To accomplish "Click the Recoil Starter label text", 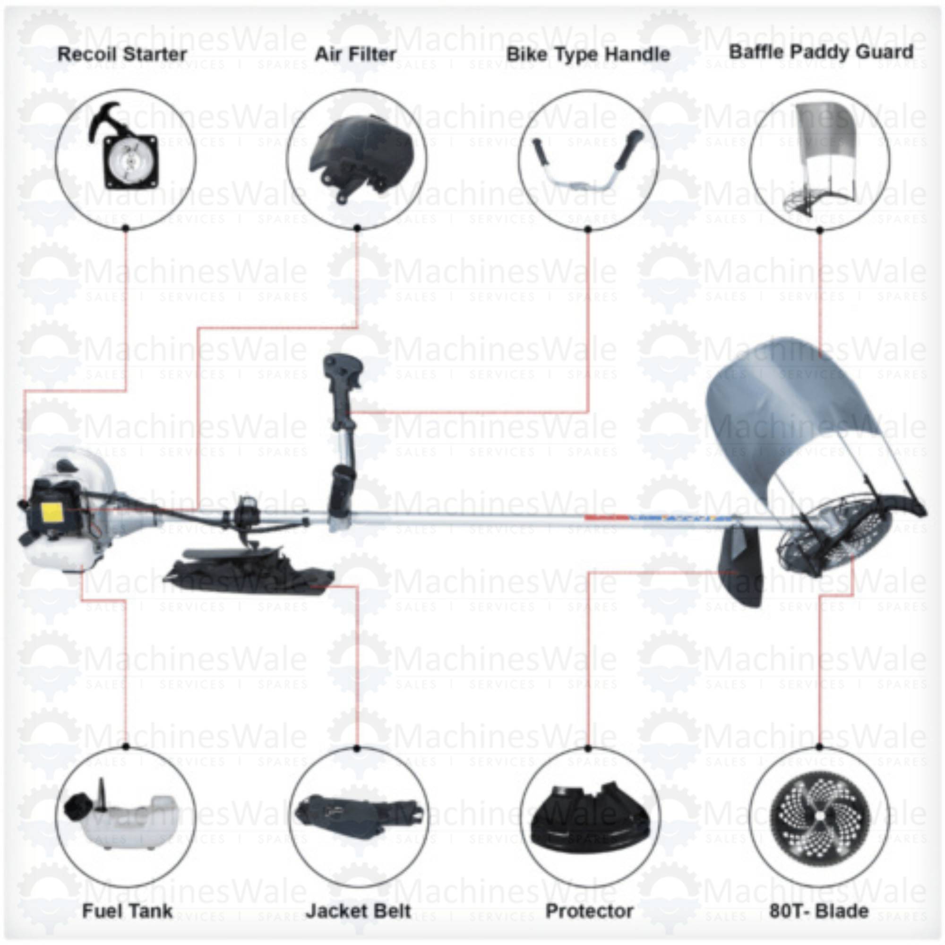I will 122,54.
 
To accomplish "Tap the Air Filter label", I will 355,54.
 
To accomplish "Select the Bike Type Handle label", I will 588,54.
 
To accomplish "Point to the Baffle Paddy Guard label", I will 821,52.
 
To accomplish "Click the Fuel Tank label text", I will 127,911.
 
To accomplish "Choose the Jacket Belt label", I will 359,911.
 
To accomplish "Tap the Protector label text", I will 589,911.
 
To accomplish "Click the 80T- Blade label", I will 819,911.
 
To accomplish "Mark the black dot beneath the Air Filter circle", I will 357,228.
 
